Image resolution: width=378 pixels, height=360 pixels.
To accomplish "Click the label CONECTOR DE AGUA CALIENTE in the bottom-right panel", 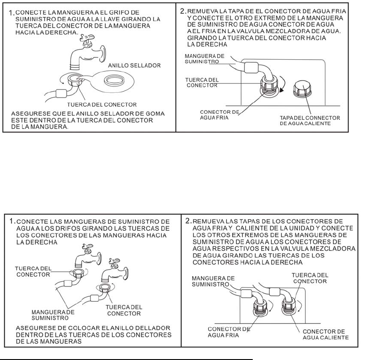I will pos(325,334).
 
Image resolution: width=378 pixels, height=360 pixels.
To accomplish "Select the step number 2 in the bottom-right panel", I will pos(187,221).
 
